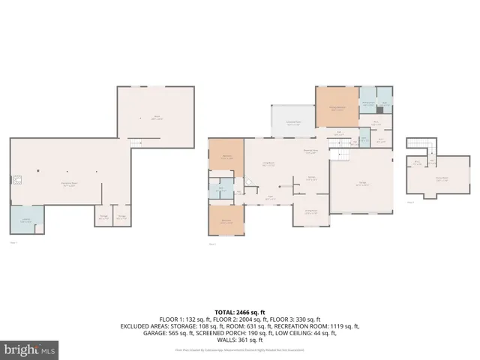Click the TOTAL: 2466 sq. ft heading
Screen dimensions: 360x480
(x=240, y=312)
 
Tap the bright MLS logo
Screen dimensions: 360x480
(x=30, y=349)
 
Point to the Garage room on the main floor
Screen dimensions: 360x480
(x=361, y=186)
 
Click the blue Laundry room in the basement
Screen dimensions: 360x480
(x=26, y=220)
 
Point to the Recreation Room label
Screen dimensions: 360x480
(x=71, y=183)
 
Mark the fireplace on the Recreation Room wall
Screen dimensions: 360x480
(x=14, y=180)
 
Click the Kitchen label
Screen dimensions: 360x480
(x=310, y=178)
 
